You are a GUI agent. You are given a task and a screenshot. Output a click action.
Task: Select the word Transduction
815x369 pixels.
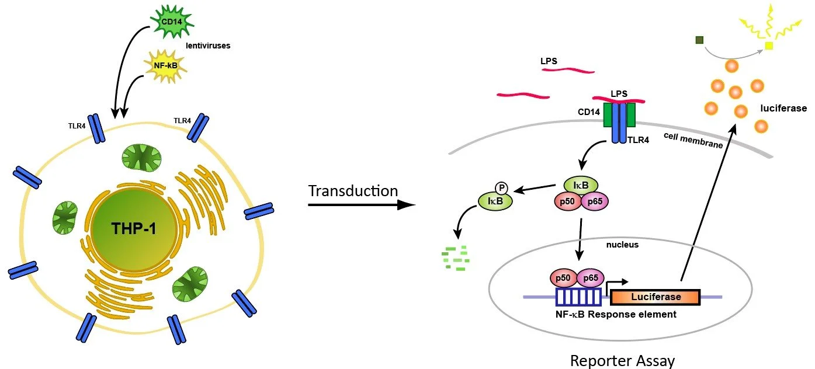[x=353, y=191]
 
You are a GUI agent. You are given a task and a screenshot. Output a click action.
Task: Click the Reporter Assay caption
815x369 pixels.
[x=622, y=361]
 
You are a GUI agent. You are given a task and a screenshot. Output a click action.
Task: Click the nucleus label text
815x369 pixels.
[x=622, y=245]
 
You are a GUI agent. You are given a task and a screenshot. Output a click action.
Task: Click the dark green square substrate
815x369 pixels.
[x=699, y=40]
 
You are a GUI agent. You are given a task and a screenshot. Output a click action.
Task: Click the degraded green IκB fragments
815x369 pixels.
[x=456, y=257]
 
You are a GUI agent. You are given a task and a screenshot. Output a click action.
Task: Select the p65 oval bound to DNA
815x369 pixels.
[x=591, y=278]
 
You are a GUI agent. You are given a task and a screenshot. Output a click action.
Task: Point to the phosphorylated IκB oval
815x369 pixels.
[x=492, y=201]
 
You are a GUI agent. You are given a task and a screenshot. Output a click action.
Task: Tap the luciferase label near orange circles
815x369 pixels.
[x=783, y=108]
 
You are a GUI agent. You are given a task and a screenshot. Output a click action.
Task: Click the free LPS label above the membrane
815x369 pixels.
[x=552, y=60]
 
